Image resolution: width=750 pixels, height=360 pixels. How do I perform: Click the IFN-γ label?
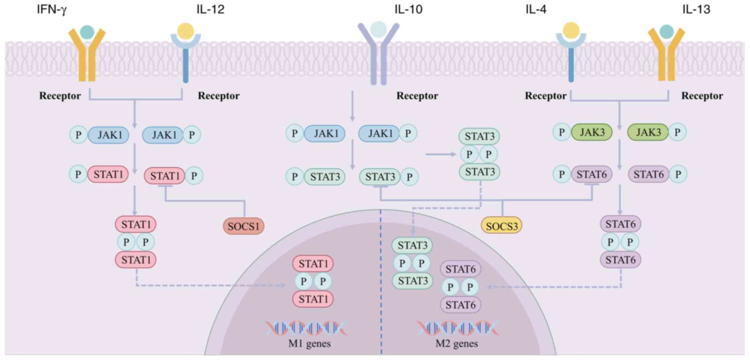pyautogui.click(x=51, y=9)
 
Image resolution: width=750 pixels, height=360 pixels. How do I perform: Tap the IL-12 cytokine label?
pyautogui.click(x=210, y=9)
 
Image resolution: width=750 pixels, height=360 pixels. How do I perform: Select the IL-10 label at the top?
pyautogui.click(x=408, y=9)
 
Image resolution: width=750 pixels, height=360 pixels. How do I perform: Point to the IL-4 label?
pyautogui.click(x=536, y=9)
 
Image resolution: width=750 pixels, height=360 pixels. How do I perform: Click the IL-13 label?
pyautogui.click(x=696, y=9)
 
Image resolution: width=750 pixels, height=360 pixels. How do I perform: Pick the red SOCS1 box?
pyautogui.click(x=244, y=226)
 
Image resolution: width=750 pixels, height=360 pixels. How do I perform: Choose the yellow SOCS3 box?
pyautogui.click(x=502, y=226)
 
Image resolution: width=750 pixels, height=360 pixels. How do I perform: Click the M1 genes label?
pyautogui.click(x=309, y=344)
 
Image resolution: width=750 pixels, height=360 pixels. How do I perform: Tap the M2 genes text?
pyautogui.click(x=457, y=344)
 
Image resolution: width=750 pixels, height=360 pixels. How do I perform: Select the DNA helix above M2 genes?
pyautogui.click(x=458, y=328)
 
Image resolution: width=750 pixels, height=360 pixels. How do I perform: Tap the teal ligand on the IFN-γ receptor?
pyautogui.click(x=87, y=32)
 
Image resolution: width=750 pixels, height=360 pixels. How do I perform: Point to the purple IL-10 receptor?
pyautogui.click(x=378, y=55)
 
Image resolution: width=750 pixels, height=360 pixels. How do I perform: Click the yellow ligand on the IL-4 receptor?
pyautogui.click(x=571, y=30)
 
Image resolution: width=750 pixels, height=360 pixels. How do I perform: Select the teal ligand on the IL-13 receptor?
pyautogui.click(x=666, y=32)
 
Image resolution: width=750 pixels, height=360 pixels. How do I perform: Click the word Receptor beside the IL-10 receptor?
pyautogui.click(x=417, y=96)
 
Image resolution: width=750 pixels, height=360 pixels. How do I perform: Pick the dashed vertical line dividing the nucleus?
pyautogui.click(x=381, y=288)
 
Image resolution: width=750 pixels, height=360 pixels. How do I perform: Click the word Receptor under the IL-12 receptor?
pyautogui.click(x=219, y=96)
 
